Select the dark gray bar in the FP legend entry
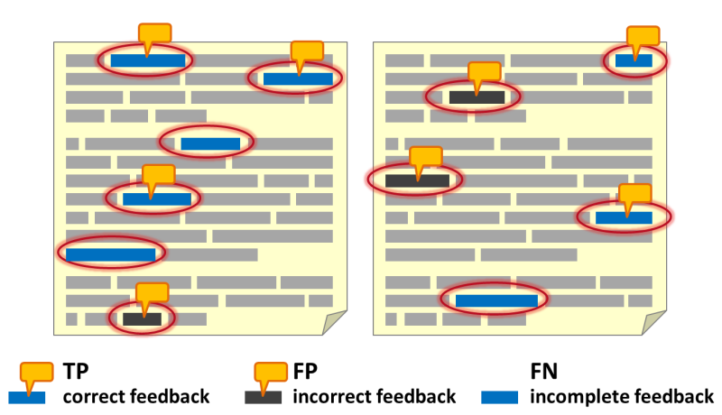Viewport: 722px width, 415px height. pos(263,397)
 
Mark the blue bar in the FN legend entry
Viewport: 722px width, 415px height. pos(499,397)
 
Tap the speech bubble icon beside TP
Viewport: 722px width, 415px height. pos(37,373)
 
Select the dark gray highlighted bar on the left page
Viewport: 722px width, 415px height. pos(142,318)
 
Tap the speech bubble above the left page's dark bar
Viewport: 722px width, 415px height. pos(152,295)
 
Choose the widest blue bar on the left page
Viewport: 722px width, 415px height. pos(110,254)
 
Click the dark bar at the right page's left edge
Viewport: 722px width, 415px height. pos(416,180)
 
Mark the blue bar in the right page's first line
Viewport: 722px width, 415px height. pos(633,60)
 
